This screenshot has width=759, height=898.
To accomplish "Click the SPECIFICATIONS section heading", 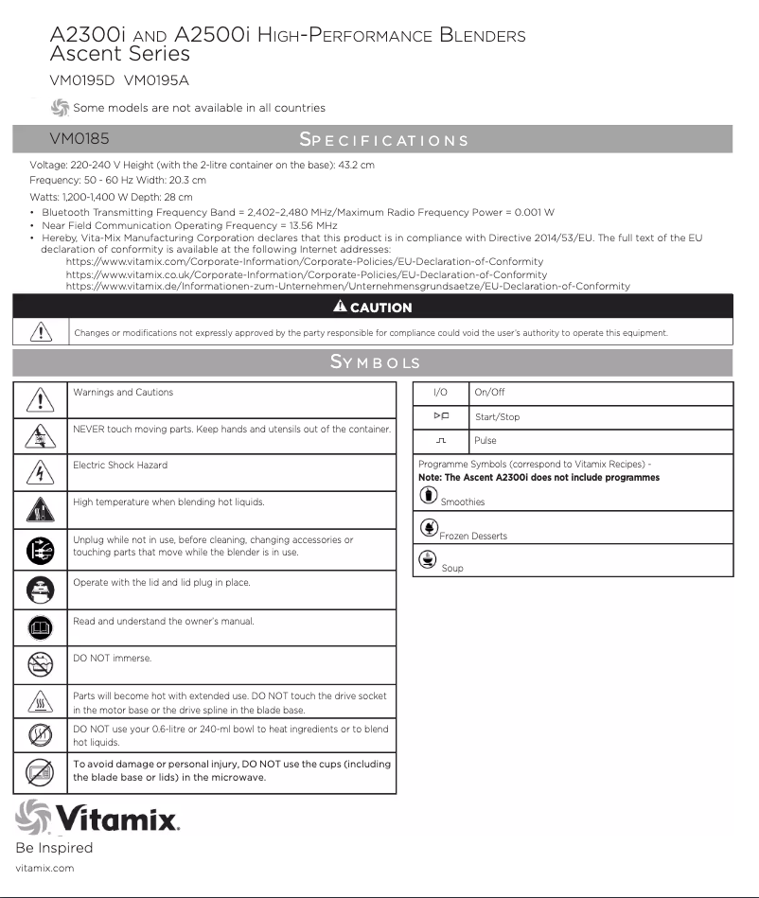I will (383, 140).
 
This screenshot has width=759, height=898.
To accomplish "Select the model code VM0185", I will (79, 140).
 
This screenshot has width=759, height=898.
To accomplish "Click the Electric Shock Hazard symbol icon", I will (40, 472).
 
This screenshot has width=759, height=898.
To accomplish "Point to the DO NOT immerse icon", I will (40, 665).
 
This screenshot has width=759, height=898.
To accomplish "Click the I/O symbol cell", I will (440, 393).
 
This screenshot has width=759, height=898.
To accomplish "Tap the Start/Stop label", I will (497, 417).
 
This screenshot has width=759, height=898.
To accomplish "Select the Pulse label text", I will (485, 441).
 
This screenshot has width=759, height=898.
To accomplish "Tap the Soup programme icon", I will (428, 560).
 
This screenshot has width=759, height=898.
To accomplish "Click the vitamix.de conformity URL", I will (347, 286).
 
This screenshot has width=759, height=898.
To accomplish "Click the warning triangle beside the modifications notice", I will (40, 331).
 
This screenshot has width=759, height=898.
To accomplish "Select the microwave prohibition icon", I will (40, 773).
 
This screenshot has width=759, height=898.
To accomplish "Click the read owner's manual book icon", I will (40, 627).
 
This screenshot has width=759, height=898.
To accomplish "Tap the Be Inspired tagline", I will (54, 848).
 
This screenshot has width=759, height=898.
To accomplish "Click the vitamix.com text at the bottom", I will (44, 868).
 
